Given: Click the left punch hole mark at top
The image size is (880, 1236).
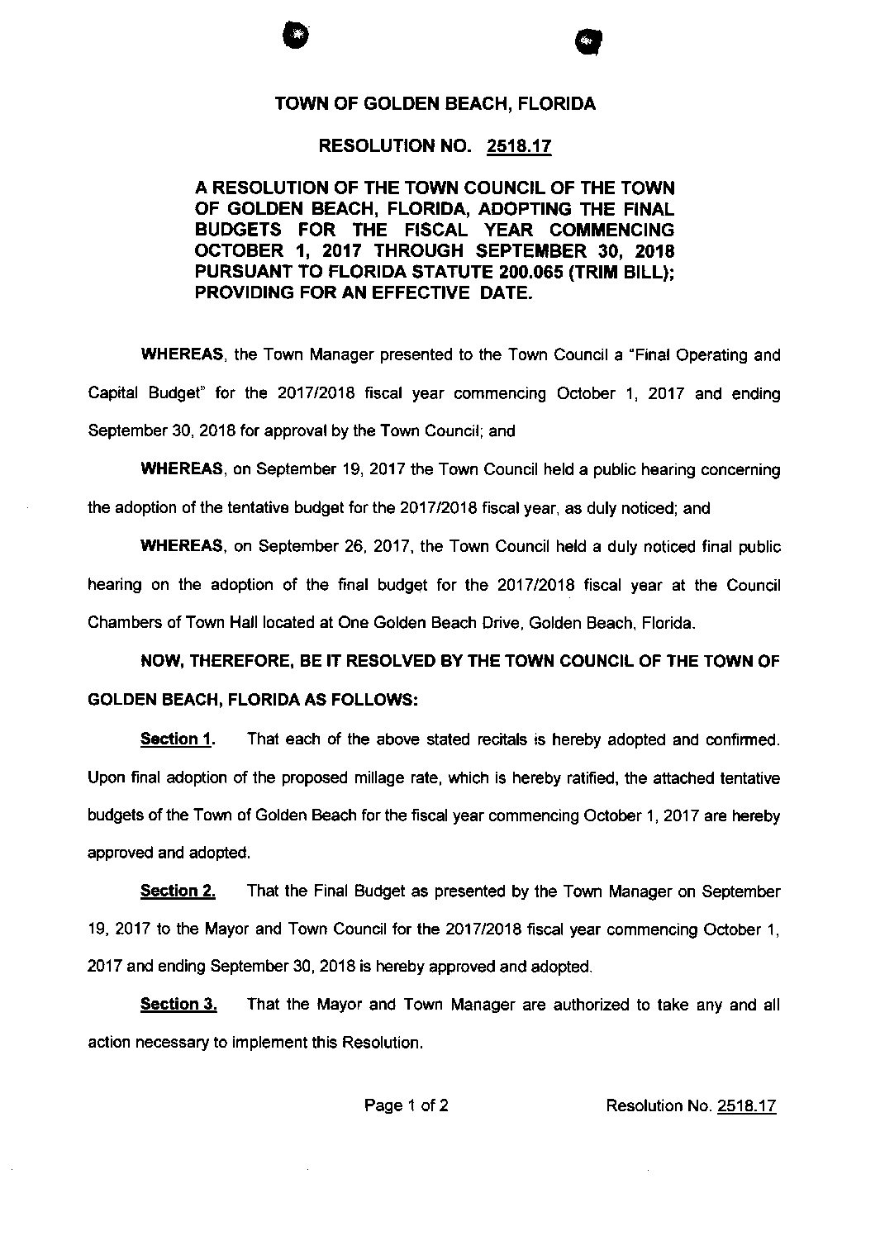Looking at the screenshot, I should pos(295,34).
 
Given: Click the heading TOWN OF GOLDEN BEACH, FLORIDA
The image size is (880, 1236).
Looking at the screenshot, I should pos(435,104).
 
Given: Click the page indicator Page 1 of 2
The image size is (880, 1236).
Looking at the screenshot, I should pos(407,1105).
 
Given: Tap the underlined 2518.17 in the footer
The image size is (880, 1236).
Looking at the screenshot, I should pos(747,1106).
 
